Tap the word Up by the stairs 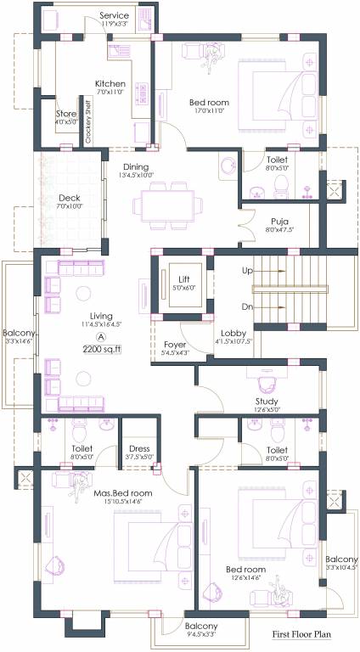click(248, 271)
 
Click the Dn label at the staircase click(248, 307)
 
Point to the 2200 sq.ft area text click(102, 349)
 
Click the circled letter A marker click(101, 336)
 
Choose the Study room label click(267, 401)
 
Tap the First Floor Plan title click(301, 633)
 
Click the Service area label click(115, 16)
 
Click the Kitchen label click(110, 84)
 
